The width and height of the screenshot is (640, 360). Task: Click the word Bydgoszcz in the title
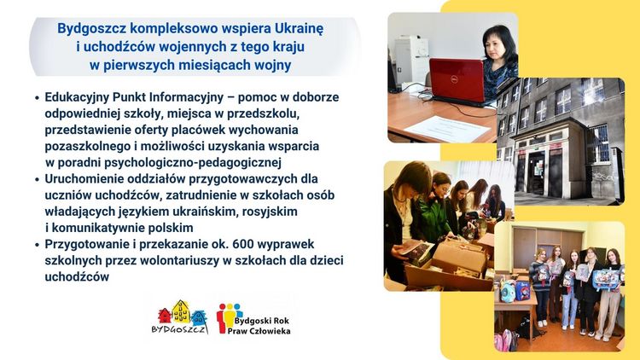92,29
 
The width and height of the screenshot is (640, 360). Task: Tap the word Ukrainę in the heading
299,28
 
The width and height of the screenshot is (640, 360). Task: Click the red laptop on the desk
457,81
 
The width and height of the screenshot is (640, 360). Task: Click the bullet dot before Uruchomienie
38,180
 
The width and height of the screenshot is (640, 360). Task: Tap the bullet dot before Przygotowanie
38,245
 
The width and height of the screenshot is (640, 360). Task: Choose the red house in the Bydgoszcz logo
165,316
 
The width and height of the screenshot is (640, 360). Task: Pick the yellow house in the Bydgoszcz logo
181,311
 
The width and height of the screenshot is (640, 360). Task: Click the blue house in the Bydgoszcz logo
199,317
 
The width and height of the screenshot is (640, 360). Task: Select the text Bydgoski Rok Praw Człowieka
259,326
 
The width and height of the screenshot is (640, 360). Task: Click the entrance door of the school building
536,172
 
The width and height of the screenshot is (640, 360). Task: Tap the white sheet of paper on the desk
446,129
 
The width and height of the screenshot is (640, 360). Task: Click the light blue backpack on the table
508,292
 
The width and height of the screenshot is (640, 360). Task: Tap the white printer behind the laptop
411,60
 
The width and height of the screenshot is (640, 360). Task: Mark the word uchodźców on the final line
77,276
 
